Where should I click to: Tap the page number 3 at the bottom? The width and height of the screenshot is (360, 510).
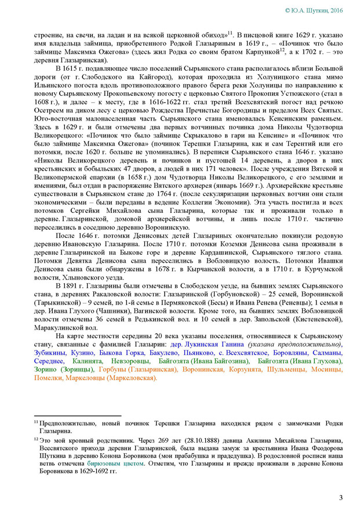(x=341, y=498)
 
